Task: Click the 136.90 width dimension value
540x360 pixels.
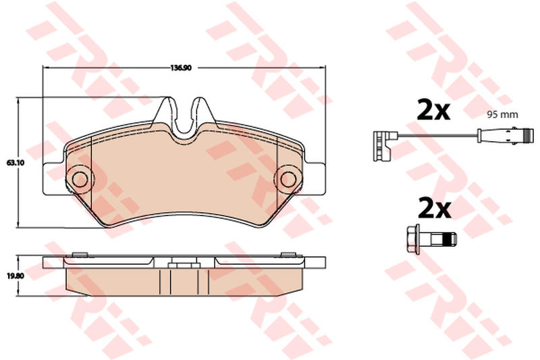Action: (x=181, y=68)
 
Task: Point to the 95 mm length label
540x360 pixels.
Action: (x=502, y=115)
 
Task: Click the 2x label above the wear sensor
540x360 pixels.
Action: (x=433, y=109)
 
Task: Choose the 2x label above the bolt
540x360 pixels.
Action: (x=434, y=209)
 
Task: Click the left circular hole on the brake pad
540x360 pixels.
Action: (x=80, y=179)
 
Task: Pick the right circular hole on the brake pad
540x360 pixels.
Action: (x=288, y=179)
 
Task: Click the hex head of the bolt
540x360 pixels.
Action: (x=414, y=239)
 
